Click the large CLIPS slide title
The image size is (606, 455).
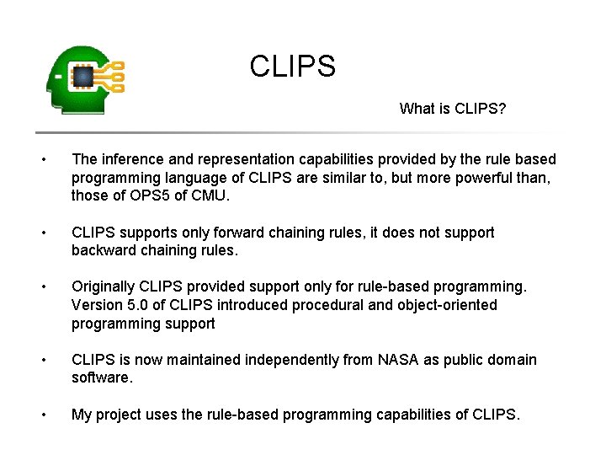(292, 66)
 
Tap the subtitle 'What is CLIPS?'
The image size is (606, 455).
(452, 109)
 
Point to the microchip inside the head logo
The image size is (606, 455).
(83, 77)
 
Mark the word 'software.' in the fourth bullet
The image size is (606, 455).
(102, 378)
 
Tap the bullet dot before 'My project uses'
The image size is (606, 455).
(53, 415)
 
